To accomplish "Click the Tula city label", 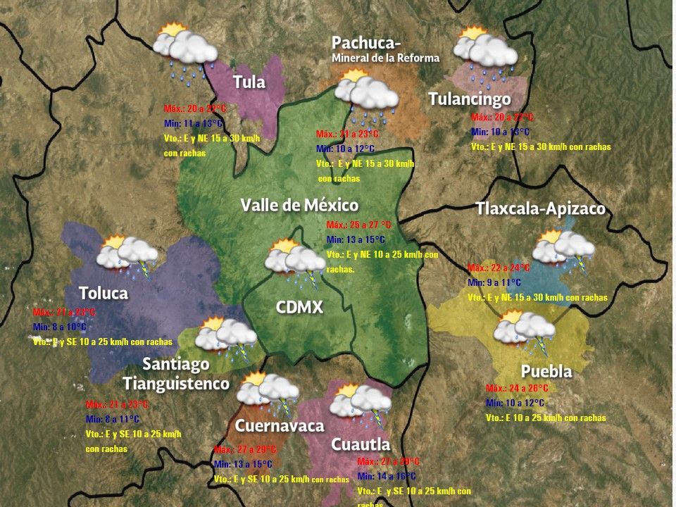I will (x=249, y=82).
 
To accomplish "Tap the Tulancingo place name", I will (x=469, y=99).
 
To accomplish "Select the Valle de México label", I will (x=299, y=205).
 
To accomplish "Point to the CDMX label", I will (x=299, y=307).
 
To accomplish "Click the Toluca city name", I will (x=103, y=293).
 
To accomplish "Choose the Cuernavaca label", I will (x=280, y=425).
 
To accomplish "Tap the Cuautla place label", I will (x=361, y=444).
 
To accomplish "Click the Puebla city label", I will (x=546, y=371).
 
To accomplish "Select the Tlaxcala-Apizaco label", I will (x=540, y=209).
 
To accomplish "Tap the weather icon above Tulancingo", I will (x=485, y=51).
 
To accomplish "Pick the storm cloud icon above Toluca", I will (x=127, y=255).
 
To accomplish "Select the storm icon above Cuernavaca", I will (x=268, y=392).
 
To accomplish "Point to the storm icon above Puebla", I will (x=525, y=330).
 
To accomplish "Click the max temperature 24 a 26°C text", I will (x=517, y=388).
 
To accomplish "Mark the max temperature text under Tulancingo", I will (x=502, y=118).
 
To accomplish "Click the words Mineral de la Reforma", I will (x=385, y=58).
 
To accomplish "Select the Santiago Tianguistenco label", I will (x=176, y=374).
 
